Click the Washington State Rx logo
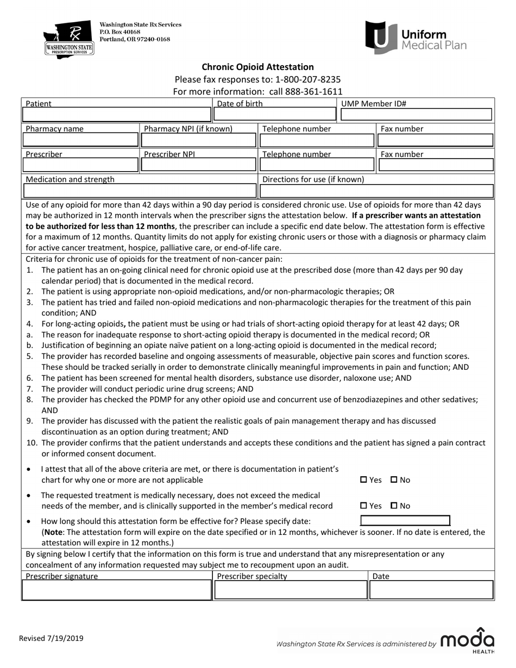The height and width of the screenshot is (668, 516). click(68, 40)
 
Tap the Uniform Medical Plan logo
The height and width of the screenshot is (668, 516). click(416, 38)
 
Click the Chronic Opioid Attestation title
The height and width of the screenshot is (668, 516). click(257, 67)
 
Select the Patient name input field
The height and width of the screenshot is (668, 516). click(116, 115)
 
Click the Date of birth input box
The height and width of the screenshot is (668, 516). click(275, 114)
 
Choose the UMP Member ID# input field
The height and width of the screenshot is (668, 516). click(416, 114)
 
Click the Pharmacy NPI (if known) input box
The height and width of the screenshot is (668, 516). click(198, 140)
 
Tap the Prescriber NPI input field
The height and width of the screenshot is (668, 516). click(198, 165)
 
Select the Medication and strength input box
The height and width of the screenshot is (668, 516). click(140, 191)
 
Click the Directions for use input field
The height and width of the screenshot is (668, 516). click(377, 191)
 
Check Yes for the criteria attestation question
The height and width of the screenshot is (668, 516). click(364, 480)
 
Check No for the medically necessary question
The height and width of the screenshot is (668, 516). click(394, 506)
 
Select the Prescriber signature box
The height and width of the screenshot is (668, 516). click(116, 590)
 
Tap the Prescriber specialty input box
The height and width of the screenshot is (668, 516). click(291, 590)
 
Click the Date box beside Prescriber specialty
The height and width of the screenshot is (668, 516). click(432, 590)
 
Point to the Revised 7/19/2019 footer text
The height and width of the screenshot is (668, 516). click(51, 639)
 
